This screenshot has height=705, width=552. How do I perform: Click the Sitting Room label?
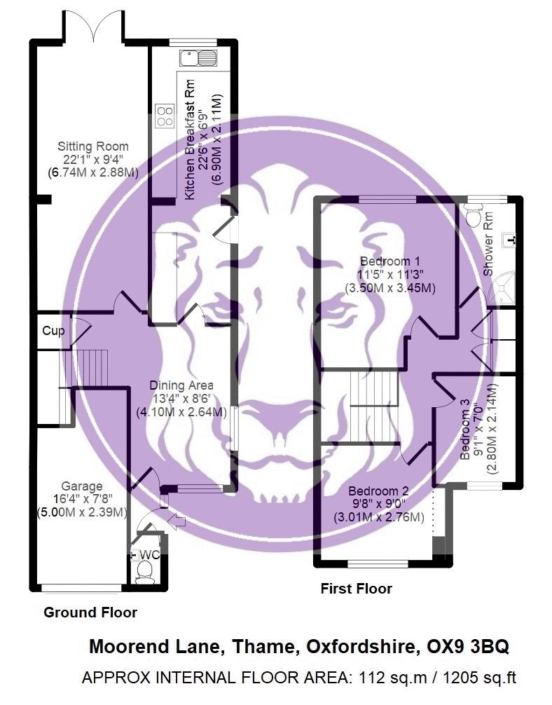(x=93, y=146)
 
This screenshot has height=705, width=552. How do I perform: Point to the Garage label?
(x=81, y=486)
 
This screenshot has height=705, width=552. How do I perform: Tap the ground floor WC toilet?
(x=143, y=573)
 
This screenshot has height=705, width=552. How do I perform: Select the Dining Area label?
(x=181, y=385)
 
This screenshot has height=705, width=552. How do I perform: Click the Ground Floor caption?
(x=90, y=612)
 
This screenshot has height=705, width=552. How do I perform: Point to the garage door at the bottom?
(x=80, y=587)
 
